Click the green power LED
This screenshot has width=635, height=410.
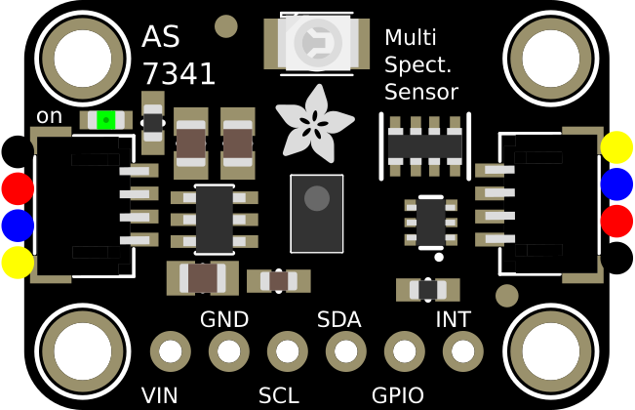105,120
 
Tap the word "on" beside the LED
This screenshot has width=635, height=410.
49,116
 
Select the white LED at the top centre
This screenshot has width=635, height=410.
316,43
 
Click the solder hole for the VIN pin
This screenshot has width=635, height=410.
171,350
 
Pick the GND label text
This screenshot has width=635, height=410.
223,320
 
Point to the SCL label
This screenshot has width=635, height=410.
279,395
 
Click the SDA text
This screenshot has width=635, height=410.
338,320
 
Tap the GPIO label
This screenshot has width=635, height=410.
397,395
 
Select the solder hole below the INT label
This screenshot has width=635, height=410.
463,350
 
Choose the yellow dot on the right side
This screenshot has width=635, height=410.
616,147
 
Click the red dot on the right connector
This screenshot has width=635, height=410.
616,221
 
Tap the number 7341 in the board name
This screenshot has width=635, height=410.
179,74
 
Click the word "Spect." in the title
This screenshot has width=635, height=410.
417,65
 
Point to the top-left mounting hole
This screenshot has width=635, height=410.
83,58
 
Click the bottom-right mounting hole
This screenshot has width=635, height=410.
552,350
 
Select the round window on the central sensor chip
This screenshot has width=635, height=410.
317,199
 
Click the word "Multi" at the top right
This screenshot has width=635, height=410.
410,38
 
